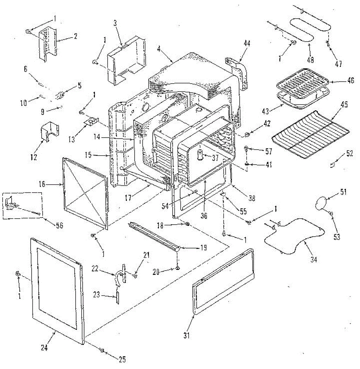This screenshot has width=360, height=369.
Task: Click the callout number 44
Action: [x=247, y=43]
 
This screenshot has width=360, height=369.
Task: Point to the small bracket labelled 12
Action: [x=49, y=132]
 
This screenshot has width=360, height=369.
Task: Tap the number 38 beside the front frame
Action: [x=251, y=199]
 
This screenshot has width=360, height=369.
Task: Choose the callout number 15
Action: [x=88, y=155]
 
